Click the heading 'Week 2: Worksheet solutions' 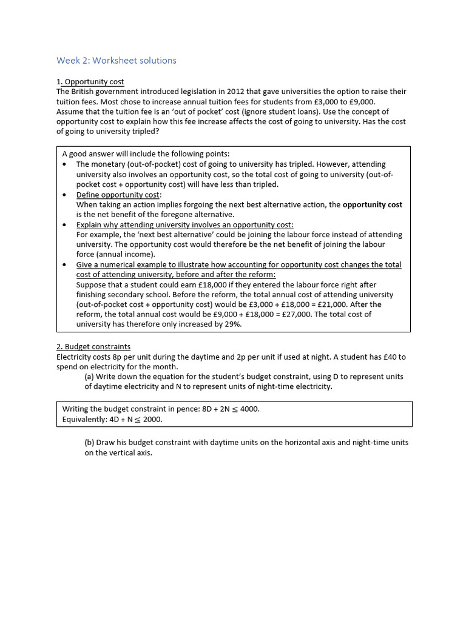[116, 61]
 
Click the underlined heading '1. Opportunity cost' [90, 82]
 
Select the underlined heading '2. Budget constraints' [93, 347]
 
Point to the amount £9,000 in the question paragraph [362, 102]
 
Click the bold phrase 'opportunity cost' [372, 205]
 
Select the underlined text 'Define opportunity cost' [118, 195]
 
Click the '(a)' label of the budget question [90, 377]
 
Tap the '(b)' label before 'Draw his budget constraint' [90, 443]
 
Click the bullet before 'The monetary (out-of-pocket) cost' [65, 165]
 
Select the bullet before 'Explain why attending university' [65, 225]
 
